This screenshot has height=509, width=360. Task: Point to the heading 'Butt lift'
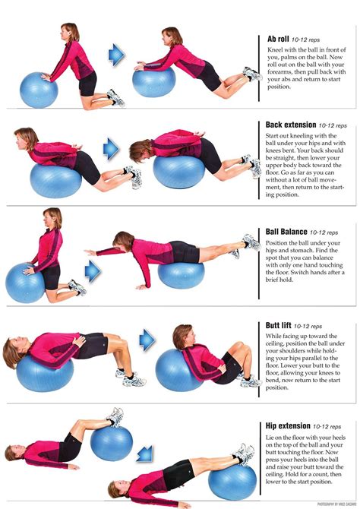[279, 325]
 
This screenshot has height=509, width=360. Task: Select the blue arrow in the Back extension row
[112, 147]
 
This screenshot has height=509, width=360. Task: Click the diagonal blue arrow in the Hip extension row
[144, 454]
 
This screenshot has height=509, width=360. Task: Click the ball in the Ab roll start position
[39, 89]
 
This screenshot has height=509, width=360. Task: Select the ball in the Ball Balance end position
[181, 273]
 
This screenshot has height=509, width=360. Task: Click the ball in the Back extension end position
[179, 171]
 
